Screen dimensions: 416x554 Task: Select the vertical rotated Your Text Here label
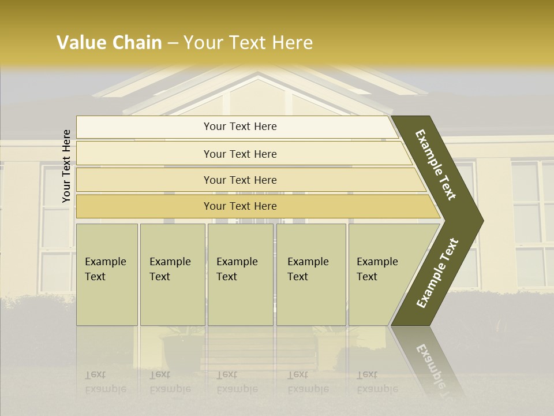pos(66,166)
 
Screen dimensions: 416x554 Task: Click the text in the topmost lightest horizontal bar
pos(240,127)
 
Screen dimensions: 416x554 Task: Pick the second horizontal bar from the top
pos(240,154)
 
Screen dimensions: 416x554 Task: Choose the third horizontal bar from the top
pos(240,180)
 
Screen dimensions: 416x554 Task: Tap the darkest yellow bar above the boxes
pos(240,206)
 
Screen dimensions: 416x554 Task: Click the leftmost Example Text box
pos(107,274)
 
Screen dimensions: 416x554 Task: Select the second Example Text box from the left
pos(172,274)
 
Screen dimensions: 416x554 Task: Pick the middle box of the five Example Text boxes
pos(240,274)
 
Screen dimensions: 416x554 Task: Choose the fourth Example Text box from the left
pos(311,274)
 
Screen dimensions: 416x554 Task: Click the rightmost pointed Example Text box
pos(387,274)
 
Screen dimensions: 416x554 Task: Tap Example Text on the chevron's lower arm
pos(437,273)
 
